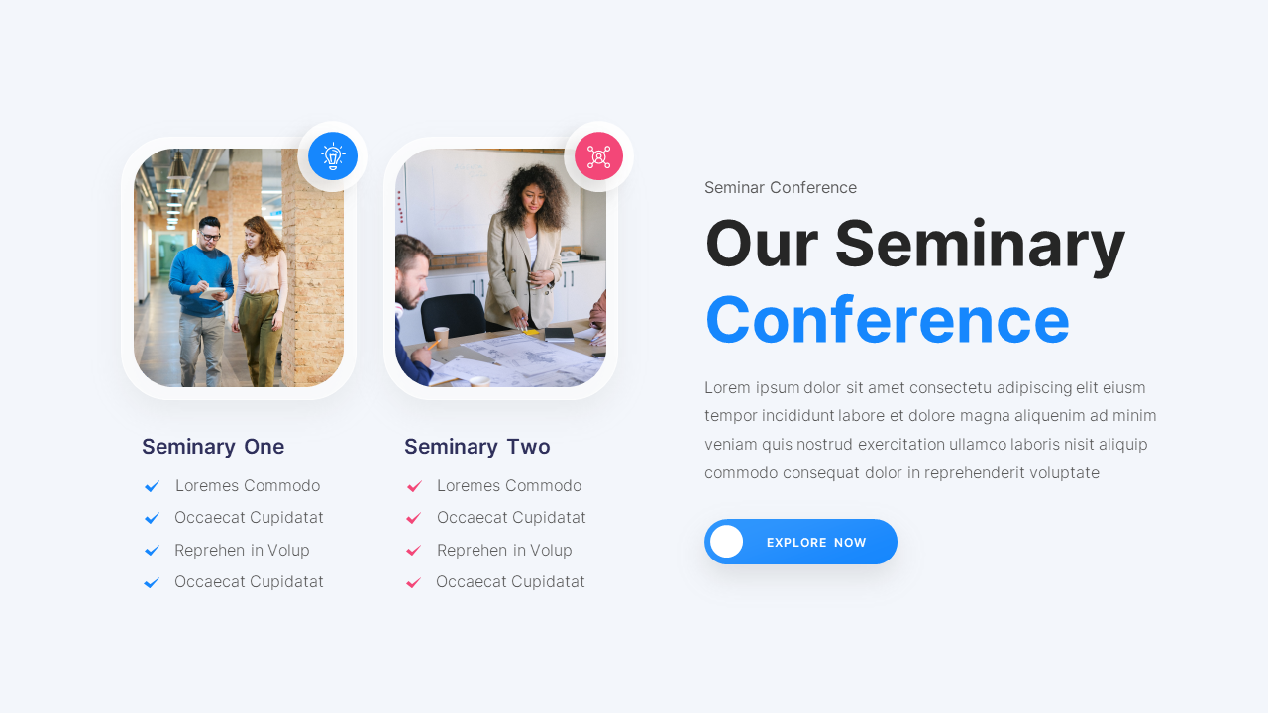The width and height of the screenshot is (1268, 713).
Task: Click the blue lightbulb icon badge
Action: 333,156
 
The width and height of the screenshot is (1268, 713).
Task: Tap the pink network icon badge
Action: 598,156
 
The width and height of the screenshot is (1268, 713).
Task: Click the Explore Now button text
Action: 816,543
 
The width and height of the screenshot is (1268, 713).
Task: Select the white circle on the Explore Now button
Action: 726,542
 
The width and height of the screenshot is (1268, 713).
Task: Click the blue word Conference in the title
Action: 887,320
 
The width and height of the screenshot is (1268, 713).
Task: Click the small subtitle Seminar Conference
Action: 780,188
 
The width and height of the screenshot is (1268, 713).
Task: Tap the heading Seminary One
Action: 213,447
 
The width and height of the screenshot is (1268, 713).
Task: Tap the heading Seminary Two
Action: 476,447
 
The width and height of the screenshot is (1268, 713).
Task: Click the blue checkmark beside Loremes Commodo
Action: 152,486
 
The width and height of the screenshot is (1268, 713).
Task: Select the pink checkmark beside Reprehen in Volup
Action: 414,551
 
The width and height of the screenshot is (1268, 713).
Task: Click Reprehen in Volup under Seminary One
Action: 242,551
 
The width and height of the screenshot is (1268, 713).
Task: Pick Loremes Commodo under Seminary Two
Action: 508,486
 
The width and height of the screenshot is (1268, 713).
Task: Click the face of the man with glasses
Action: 210,234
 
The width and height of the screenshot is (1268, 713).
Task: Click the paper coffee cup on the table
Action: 441,336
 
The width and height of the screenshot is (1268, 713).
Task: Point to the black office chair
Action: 454,315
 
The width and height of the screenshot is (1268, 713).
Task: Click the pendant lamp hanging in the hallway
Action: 177,168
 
